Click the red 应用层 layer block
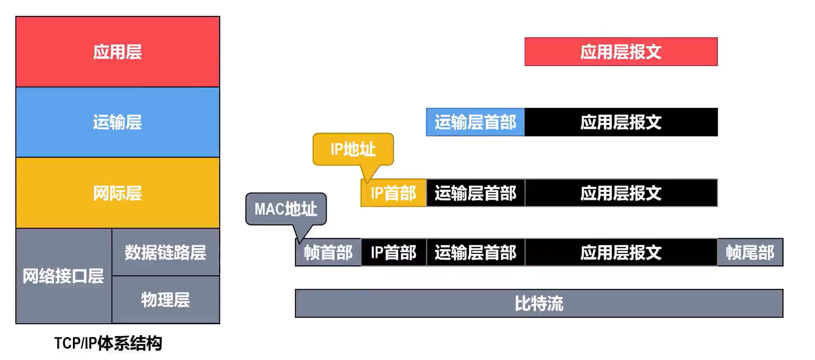pyautogui.click(x=118, y=52)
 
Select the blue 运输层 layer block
pyautogui.click(x=118, y=122)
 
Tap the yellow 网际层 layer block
pyautogui.click(x=118, y=193)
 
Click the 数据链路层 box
pyautogui.click(x=166, y=252)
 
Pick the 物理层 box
pyautogui.click(x=166, y=300)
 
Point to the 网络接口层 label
pyautogui.click(x=63, y=276)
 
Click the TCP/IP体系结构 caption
pyautogui.click(x=108, y=343)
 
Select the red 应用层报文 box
pyautogui.click(x=621, y=52)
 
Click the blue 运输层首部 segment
pyautogui.click(x=475, y=122)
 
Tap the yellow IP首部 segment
pyautogui.click(x=394, y=193)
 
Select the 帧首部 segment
pyautogui.click(x=328, y=252)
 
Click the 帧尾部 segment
pyautogui.click(x=750, y=252)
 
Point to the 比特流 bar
pyautogui.click(x=539, y=303)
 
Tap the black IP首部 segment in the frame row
pyautogui.click(x=394, y=252)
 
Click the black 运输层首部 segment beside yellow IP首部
pyautogui.click(x=476, y=193)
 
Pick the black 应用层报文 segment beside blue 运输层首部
pyautogui.click(x=621, y=122)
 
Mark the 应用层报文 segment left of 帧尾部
pyautogui.click(x=621, y=252)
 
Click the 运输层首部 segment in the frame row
pyautogui.click(x=476, y=252)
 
